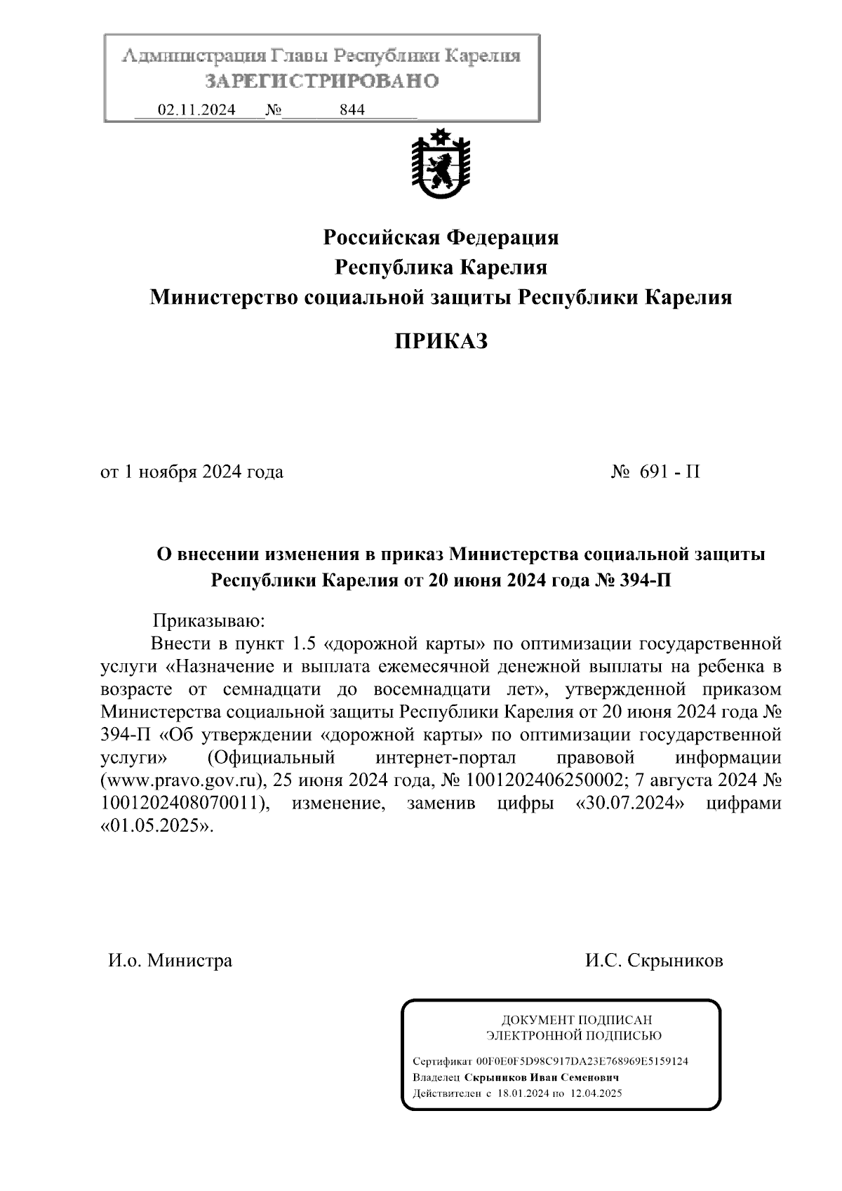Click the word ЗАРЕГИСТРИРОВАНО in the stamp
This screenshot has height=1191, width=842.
(322, 81)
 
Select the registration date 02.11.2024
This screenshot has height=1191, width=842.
(196, 110)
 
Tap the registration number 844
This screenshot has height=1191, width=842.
(352, 110)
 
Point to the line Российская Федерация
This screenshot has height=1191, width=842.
(441, 237)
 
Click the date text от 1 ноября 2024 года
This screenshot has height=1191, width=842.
(192, 472)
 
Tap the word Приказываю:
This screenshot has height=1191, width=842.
(209, 620)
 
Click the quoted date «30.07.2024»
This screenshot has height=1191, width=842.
(629, 803)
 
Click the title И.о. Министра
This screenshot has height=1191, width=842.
(170, 960)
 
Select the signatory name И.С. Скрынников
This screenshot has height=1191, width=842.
(654, 960)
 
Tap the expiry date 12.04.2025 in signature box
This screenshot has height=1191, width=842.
(595, 1093)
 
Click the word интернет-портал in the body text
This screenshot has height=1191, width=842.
(446, 758)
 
